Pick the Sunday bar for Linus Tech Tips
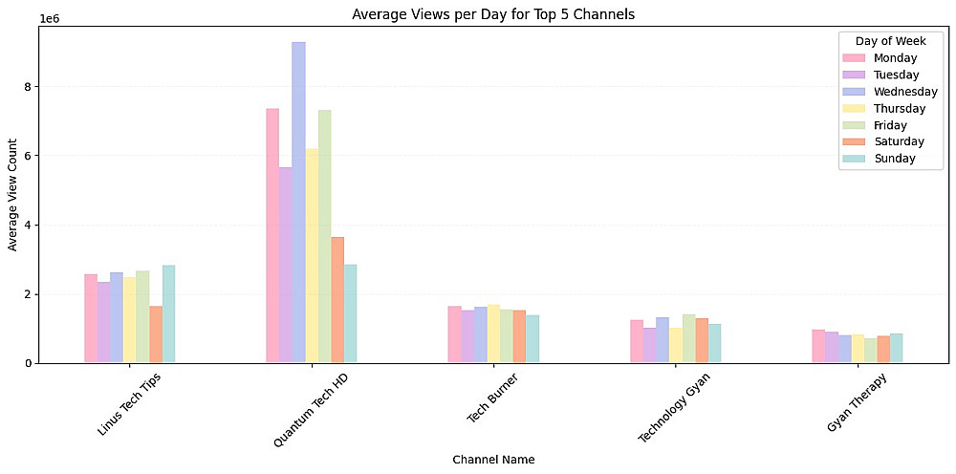coord(169,314)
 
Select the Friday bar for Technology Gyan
coord(688,339)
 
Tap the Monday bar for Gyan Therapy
coord(818,347)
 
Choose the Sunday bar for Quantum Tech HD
coord(351,313)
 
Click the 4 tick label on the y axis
coord(29,226)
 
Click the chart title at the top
coord(493,14)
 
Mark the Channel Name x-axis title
coord(493,460)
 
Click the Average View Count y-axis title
coord(12,195)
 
